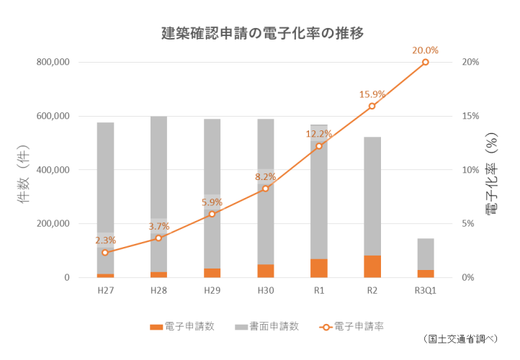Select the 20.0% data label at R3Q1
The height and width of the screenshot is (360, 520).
(x=425, y=50)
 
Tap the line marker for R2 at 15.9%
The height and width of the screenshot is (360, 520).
(x=372, y=106)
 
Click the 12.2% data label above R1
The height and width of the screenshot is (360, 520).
(x=319, y=134)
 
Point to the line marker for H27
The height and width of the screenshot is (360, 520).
(x=105, y=252)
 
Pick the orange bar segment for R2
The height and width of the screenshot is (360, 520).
(x=372, y=266)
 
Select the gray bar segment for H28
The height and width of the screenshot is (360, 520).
(x=158, y=194)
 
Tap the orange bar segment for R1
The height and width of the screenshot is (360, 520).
(x=319, y=268)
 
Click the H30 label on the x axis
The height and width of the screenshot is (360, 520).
(x=266, y=291)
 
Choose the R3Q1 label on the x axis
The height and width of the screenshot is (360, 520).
(x=425, y=291)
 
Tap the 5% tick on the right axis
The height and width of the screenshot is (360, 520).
(x=468, y=224)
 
